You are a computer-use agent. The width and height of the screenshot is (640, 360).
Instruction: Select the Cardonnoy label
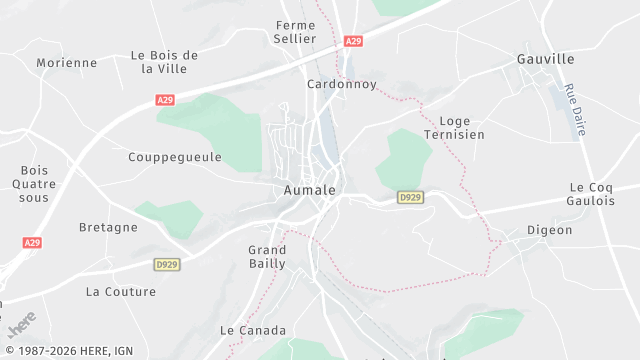(x=341, y=85)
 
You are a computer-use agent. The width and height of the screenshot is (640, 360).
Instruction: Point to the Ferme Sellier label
(x=295, y=31)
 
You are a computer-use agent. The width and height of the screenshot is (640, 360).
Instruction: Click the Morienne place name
(x=67, y=62)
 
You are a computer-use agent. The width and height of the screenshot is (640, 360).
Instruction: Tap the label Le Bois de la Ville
(x=165, y=62)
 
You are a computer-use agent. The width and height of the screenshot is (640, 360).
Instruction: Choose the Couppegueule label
(x=175, y=157)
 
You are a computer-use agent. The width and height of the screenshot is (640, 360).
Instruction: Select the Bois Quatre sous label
(x=34, y=184)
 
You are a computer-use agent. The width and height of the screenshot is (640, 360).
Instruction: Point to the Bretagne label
(x=108, y=227)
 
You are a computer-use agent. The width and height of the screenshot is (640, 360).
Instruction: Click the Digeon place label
(x=550, y=230)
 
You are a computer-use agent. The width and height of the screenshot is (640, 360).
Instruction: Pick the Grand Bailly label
(x=267, y=256)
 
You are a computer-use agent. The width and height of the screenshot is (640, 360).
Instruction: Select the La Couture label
(x=121, y=292)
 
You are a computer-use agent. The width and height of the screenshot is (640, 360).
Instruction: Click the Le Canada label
(x=253, y=330)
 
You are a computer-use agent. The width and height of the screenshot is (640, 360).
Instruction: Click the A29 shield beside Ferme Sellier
(x=352, y=41)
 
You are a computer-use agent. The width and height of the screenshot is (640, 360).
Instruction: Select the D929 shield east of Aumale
(x=410, y=198)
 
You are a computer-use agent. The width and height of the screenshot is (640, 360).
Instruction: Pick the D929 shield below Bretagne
(x=166, y=264)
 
